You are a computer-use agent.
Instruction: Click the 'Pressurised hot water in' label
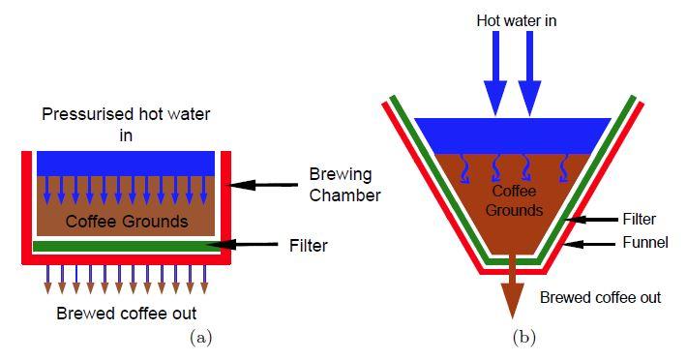126,125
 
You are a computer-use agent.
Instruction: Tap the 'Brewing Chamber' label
344,185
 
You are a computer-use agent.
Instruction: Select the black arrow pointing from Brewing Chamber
263,185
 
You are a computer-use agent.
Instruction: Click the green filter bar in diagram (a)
127,247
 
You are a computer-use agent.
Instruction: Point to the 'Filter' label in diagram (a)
308,246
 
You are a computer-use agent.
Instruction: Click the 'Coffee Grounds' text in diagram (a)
127,222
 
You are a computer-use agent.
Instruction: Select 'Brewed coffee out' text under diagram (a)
127,314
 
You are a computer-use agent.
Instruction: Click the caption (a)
201,338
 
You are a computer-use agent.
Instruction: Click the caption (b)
524,338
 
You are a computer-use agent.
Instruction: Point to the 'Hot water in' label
517,20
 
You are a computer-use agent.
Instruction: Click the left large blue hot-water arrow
495,74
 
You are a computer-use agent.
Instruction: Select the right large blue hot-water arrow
529,74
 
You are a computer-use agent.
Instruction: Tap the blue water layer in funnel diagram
513,135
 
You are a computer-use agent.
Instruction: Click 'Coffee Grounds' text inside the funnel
514,200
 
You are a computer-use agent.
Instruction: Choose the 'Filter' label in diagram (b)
640,219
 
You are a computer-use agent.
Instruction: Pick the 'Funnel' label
645,242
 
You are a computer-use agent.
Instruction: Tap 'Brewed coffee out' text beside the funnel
600,297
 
